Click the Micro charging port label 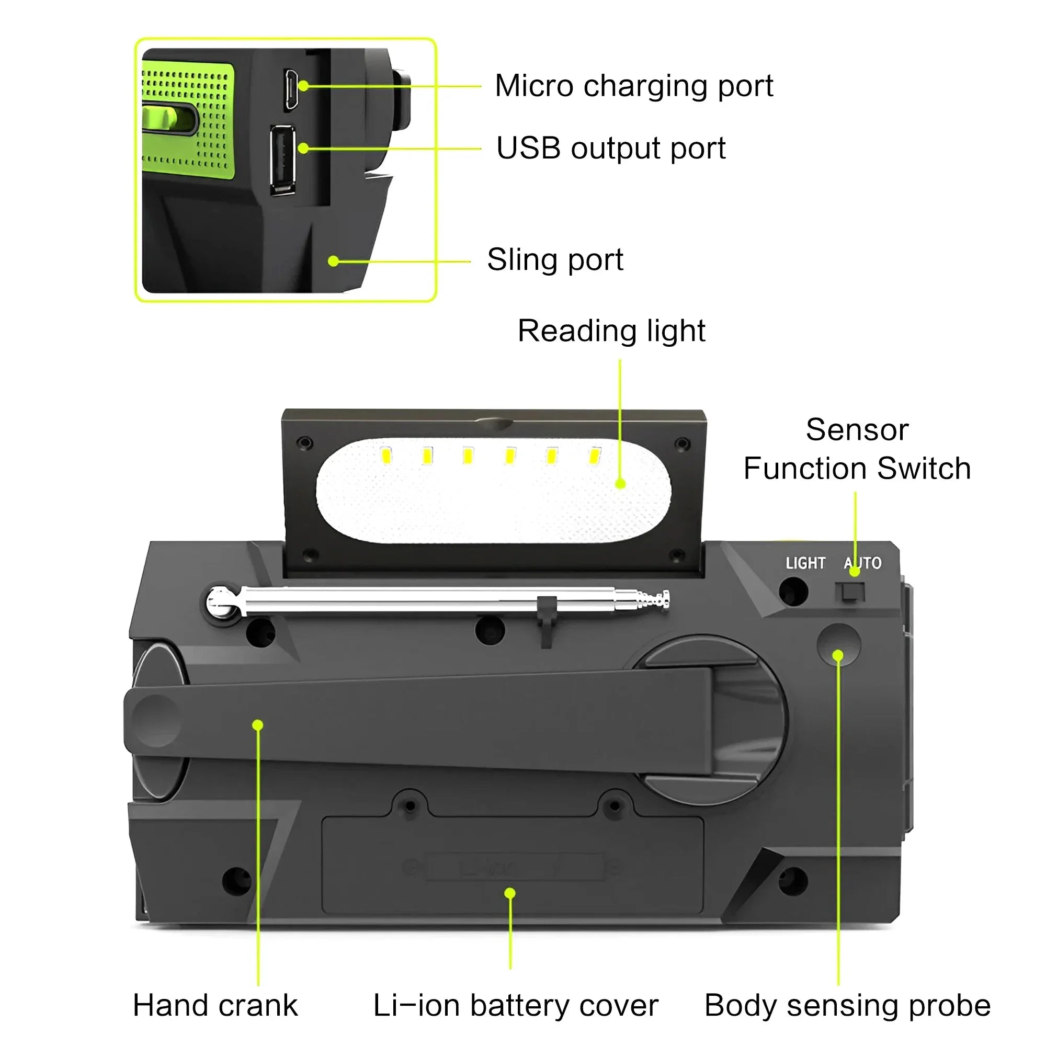point(633,86)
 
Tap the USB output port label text point(610,149)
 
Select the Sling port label point(555,259)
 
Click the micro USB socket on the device point(291,90)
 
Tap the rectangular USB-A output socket point(282,160)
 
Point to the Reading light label point(611,331)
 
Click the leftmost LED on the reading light point(386,456)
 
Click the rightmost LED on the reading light point(595,456)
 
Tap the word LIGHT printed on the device point(805,563)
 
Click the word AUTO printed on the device point(862,563)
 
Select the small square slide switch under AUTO point(850,593)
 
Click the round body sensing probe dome point(838,644)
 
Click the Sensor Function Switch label point(857,449)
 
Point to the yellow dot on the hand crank point(258,725)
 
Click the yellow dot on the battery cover point(509,893)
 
